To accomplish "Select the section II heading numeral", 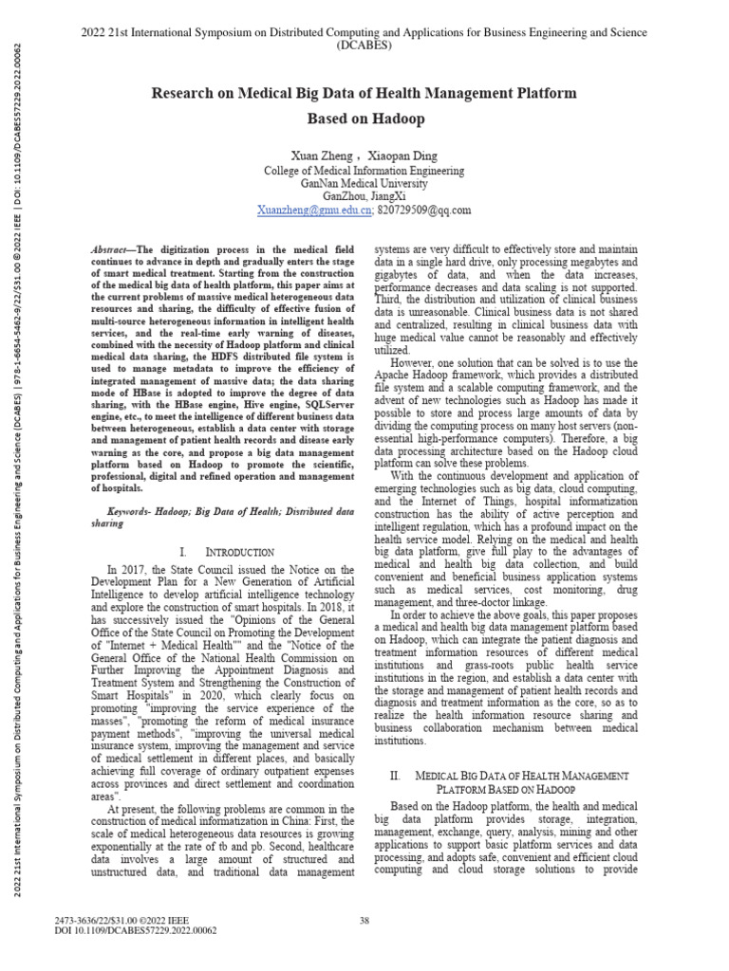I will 398,776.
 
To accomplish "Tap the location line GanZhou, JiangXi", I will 364,197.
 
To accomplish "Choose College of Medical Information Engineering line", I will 364,171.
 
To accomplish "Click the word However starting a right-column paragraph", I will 415,362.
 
